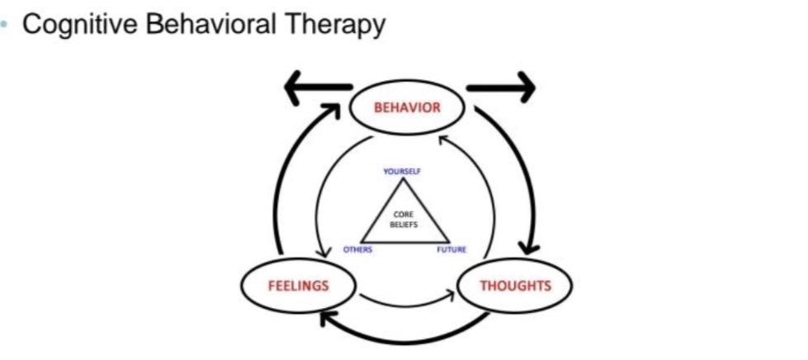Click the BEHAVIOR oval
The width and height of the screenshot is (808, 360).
408,107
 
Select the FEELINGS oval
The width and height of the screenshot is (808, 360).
298,286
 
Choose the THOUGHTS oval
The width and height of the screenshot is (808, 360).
514,286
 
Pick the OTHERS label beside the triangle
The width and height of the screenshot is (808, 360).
357,249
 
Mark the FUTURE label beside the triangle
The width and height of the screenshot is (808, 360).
452,249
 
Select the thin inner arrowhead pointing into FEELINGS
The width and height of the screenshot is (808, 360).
320,251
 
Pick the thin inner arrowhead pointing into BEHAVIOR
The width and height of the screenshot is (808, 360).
442,141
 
